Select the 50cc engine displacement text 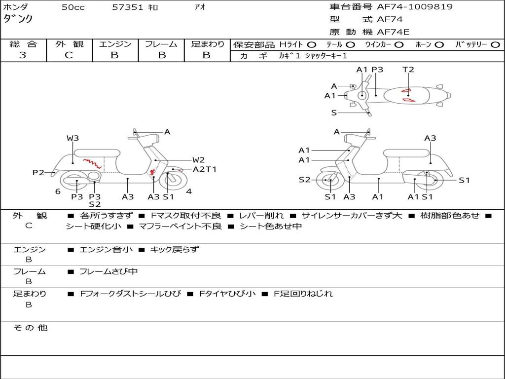(x=73, y=7)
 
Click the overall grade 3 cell (x=23, y=55)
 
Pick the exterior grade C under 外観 (x=69, y=55)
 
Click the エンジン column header (x=115, y=44)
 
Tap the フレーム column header (x=161, y=44)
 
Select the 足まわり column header (x=207, y=44)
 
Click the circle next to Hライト (x=312, y=44)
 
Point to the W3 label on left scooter (x=73, y=138)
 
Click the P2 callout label (x=38, y=173)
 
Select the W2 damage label (x=199, y=160)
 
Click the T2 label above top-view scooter (x=408, y=70)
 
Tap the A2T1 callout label (x=205, y=169)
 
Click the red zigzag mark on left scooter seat (x=93, y=163)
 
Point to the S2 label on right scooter (x=304, y=180)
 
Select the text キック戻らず (x=174, y=250)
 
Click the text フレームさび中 (x=108, y=271)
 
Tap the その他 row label (x=31, y=328)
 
